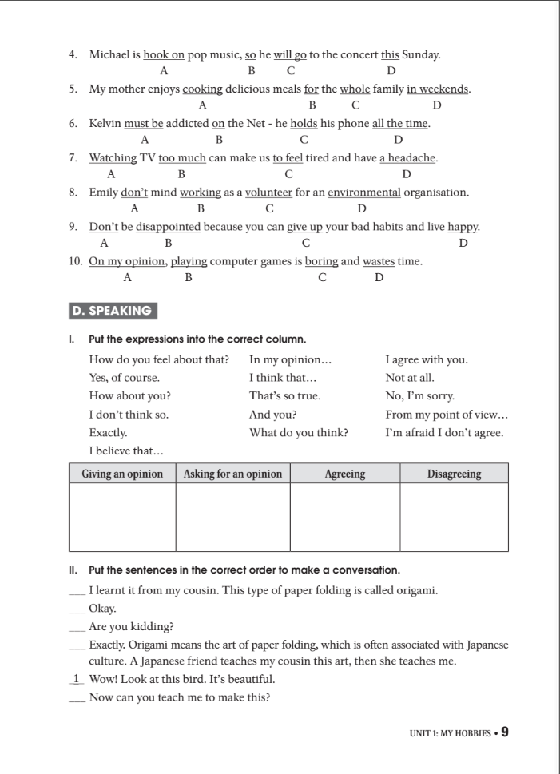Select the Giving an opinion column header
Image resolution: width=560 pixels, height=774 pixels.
[122, 474]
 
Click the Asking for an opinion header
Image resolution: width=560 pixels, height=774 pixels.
[232, 474]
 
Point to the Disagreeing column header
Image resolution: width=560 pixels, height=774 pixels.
[454, 474]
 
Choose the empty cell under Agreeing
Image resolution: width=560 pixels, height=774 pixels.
[344, 517]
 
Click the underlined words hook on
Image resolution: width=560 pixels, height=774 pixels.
[164, 55]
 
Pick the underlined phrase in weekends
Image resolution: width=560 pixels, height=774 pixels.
[437, 89]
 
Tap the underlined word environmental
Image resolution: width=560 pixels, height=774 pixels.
[363, 193]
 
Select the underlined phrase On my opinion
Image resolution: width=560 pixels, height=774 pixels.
[128, 261]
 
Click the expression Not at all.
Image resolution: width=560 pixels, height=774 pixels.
[410, 378]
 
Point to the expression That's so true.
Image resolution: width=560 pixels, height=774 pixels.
[284, 396]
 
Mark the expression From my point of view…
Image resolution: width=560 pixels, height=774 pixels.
[447, 415]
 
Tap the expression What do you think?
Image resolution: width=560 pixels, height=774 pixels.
[298, 433]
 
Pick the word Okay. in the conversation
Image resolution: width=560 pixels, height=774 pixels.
[103, 609]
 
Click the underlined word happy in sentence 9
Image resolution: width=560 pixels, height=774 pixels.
[463, 227]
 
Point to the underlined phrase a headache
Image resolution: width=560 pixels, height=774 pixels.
[407, 158]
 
